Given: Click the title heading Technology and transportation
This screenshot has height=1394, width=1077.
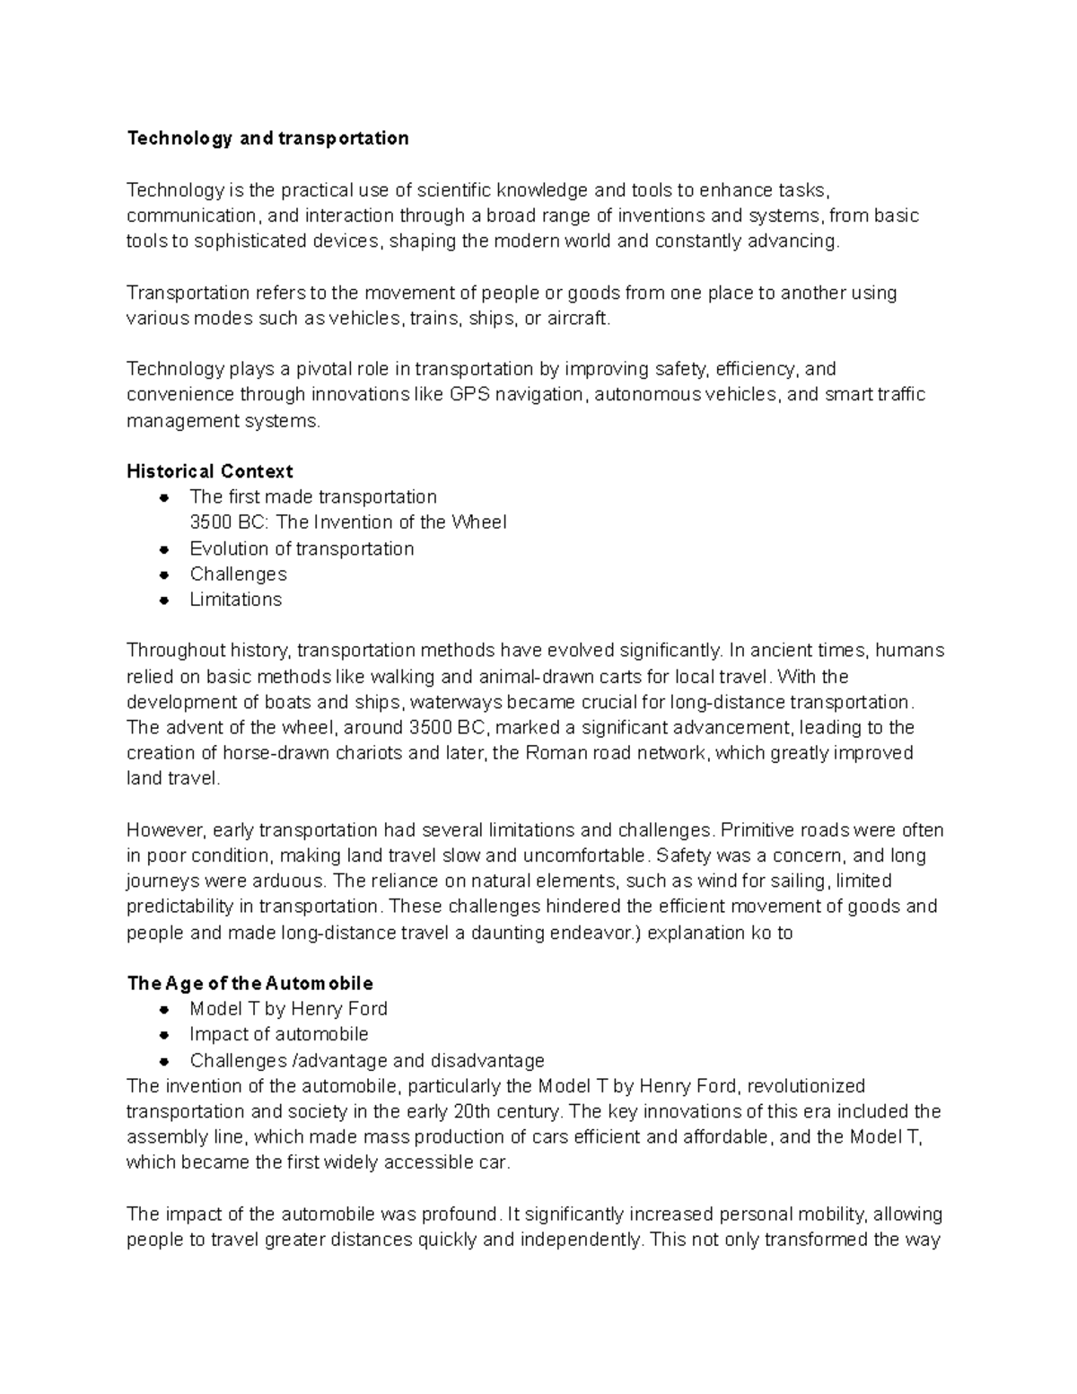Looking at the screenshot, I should [x=267, y=138].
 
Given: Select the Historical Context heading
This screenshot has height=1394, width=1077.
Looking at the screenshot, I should [x=210, y=471].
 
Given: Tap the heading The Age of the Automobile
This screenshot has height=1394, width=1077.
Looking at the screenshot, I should [x=250, y=983].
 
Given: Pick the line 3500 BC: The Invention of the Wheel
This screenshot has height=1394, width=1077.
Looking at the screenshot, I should [x=348, y=522].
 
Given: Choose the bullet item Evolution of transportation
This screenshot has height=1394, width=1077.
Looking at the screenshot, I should [x=302, y=548].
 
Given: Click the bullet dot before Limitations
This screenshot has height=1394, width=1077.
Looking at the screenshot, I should [x=163, y=601].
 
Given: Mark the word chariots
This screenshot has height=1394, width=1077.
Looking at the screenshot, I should [x=369, y=753].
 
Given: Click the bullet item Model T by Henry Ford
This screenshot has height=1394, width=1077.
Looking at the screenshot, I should [x=288, y=1009].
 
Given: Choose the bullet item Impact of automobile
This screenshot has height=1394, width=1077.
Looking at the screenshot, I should [x=279, y=1034].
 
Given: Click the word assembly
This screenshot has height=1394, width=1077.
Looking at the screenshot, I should [x=160, y=1137].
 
